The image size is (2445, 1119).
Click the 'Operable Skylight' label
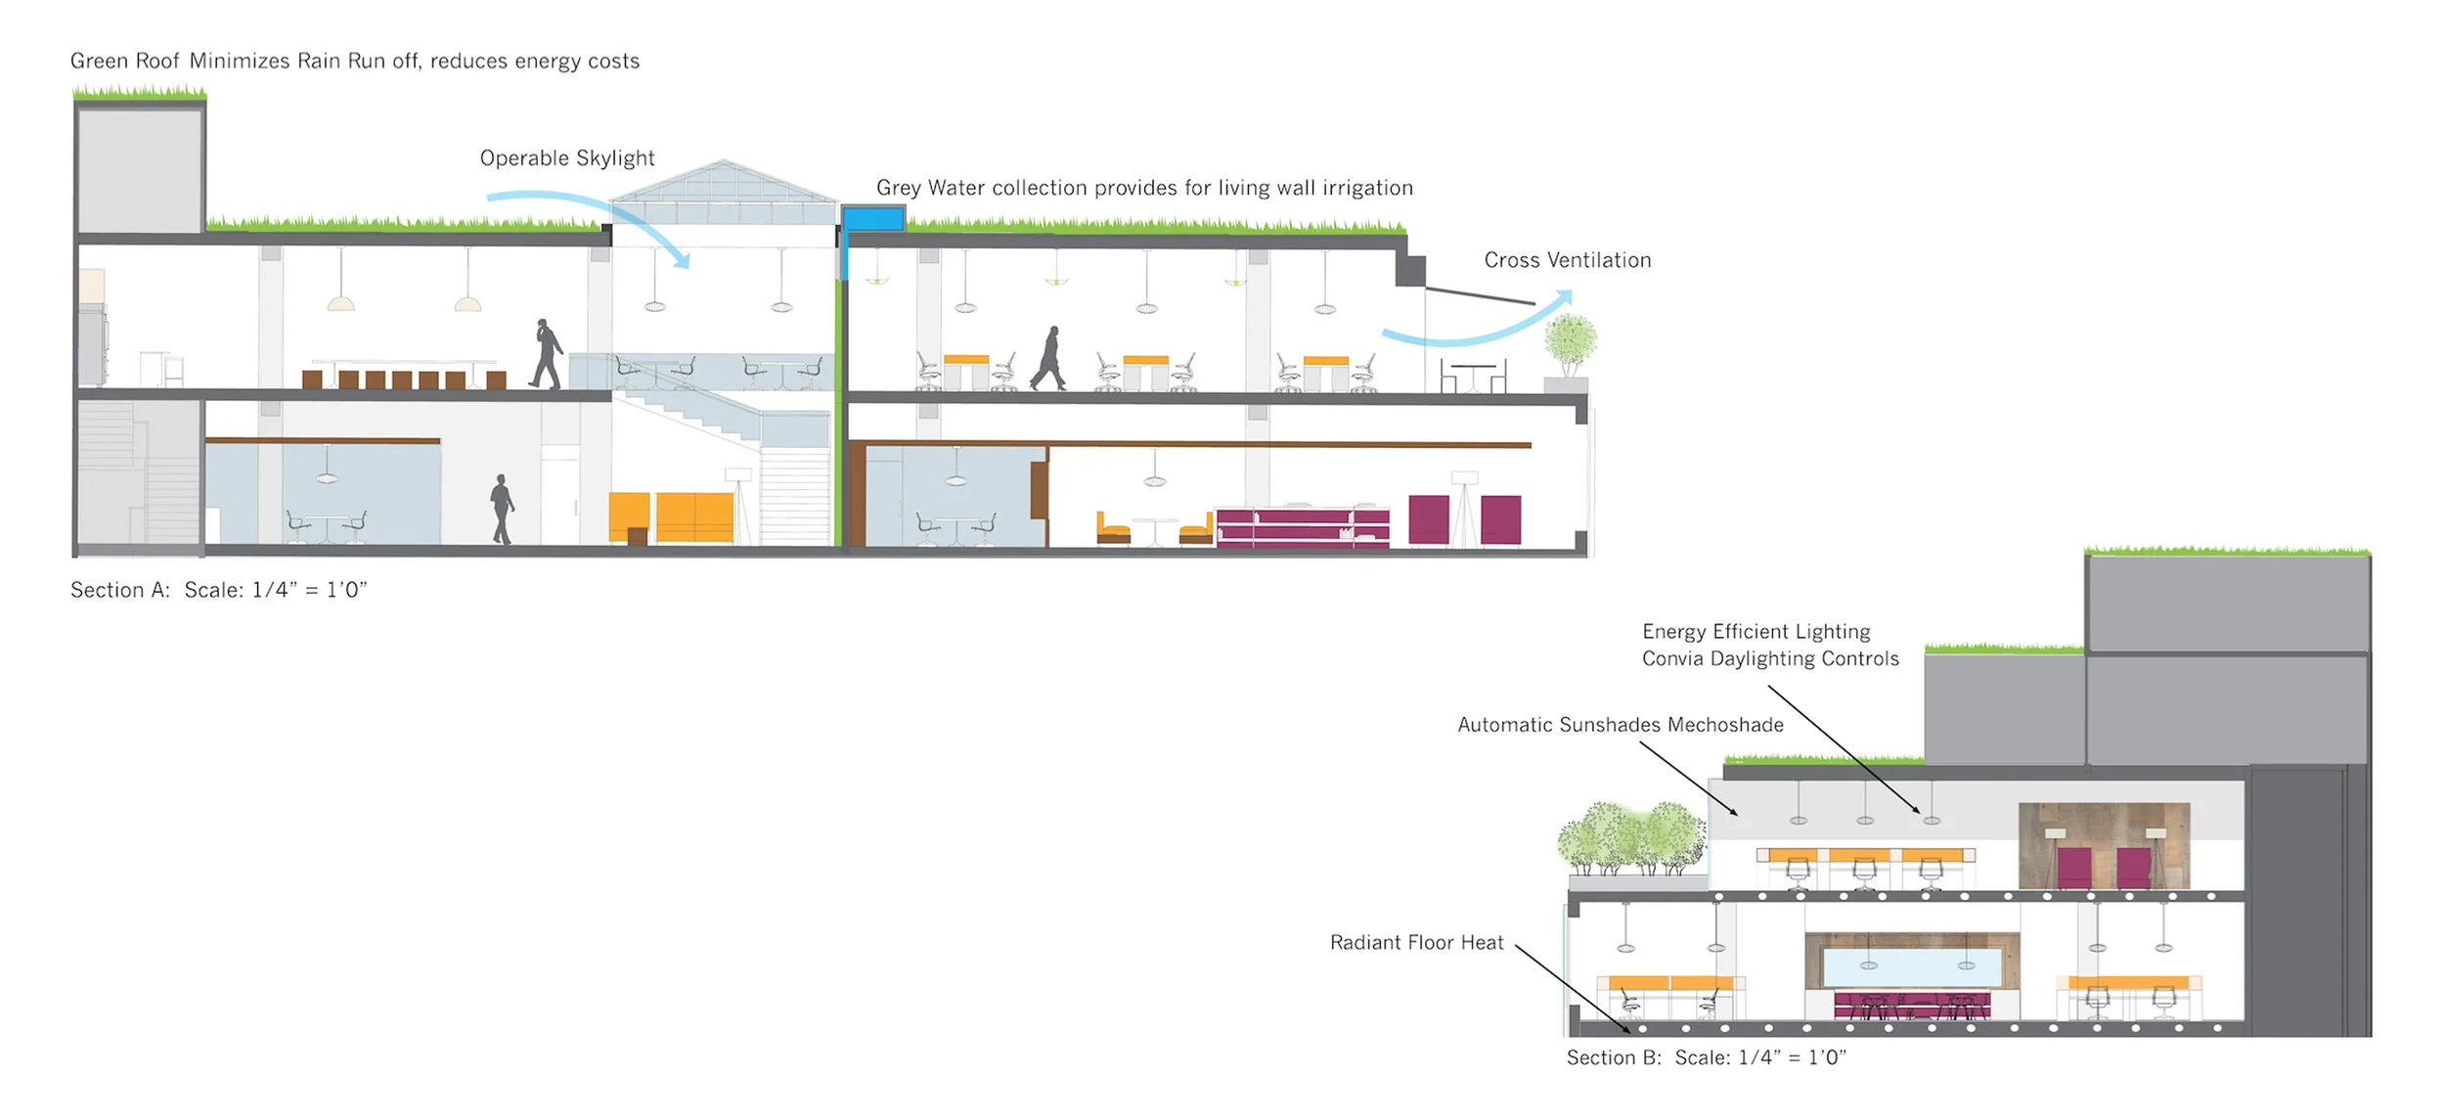566,158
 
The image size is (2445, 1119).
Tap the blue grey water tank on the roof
872,218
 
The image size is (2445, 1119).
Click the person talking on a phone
547,353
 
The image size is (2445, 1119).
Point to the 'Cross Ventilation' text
1567,260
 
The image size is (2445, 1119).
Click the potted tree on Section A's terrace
1570,344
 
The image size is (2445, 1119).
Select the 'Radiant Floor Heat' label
1416,943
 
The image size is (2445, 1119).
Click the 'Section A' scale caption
218,590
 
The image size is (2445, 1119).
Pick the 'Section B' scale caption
1706,1057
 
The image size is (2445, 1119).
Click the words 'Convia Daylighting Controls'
1770,659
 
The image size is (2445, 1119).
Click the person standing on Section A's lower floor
502,509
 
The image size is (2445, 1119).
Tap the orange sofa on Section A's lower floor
693,516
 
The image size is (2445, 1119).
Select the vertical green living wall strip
838,411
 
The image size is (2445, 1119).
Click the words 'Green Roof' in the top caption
124,61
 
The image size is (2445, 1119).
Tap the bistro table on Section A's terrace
1471,378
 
